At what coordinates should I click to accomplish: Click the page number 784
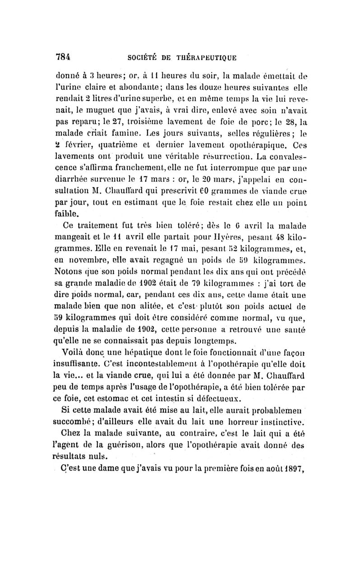pos(64,57)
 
